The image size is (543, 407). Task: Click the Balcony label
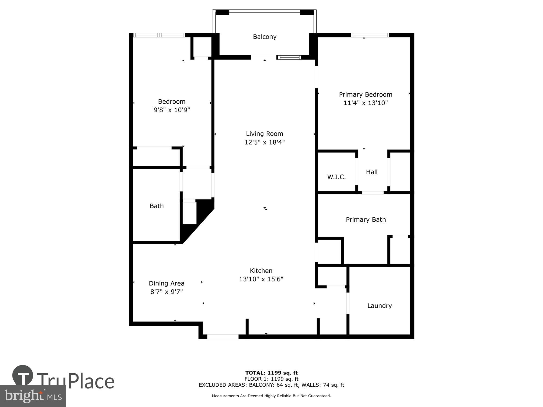[264, 37]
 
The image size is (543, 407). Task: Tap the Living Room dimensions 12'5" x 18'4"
[264, 142]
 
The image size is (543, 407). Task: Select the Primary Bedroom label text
[365, 94]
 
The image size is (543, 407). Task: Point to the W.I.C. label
[336, 177]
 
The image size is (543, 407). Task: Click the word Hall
[371, 172]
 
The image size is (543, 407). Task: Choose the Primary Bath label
[365, 220]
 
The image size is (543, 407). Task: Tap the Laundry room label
[379, 306]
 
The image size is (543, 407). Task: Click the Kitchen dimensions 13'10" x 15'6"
[261, 279]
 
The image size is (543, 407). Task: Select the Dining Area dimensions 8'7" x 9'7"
[166, 292]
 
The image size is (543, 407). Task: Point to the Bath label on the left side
[157, 206]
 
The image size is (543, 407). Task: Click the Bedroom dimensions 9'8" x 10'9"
[172, 110]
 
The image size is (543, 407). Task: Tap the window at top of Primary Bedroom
[370, 35]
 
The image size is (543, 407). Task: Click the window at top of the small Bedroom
[159, 35]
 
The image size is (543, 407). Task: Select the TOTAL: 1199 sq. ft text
[271, 373]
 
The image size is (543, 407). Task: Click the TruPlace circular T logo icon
[23, 376]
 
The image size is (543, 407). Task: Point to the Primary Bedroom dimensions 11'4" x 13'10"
[365, 103]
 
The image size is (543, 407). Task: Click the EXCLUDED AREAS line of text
[271, 385]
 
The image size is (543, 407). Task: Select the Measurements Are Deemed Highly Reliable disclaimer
[271, 396]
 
